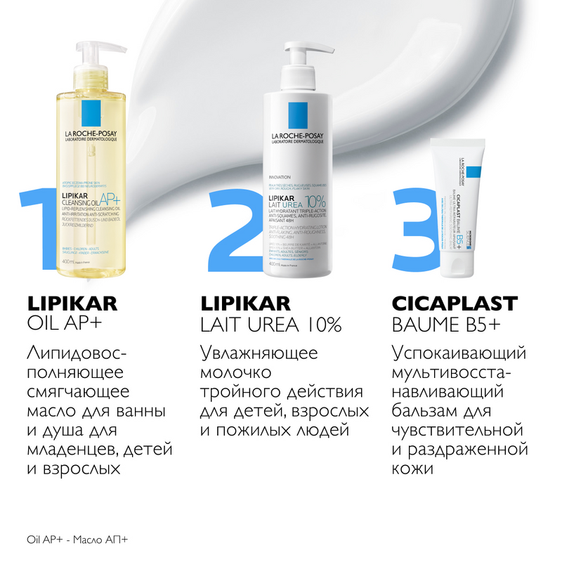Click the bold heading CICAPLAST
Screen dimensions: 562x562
[453, 303]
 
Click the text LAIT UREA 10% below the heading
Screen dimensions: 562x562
[270, 325]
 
